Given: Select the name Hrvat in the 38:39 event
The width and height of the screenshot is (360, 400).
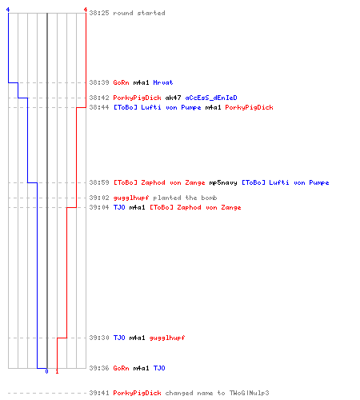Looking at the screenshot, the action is coord(163,82).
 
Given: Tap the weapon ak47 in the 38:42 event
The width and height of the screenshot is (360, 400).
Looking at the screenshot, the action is coord(173,98).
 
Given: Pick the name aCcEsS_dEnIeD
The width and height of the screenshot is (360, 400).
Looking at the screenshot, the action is coord(211,98).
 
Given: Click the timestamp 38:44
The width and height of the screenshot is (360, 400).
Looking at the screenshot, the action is coord(99,107).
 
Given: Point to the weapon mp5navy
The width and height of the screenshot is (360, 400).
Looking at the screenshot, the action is coord(223,182).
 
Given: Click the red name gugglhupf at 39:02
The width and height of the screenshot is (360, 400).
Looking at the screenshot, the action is coord(131,198).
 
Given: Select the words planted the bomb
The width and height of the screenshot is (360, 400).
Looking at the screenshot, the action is coord(185,198).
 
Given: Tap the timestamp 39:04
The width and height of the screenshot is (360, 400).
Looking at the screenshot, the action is coord(99,207).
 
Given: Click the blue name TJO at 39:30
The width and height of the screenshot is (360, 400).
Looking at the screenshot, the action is coord(119,338).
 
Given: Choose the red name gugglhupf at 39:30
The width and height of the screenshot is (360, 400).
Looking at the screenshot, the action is coord(167,338).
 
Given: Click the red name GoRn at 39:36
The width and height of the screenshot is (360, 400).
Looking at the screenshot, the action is coord(121,368).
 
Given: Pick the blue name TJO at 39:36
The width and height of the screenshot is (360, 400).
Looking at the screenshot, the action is coord(159,368).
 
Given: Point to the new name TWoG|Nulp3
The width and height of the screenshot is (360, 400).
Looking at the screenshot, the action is coord(249,393).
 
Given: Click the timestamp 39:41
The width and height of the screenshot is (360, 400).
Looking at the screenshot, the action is coord(99,393).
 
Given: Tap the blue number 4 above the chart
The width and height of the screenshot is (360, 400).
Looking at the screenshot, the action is coord(8,10).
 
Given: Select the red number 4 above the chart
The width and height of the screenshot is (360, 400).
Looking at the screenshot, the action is coord(86,10).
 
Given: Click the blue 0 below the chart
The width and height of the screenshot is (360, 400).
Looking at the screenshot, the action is coord(46,371).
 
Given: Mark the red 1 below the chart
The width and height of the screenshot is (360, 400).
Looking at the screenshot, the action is coord(57,371).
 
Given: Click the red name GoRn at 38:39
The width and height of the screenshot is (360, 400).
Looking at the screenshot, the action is coord(121,82).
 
